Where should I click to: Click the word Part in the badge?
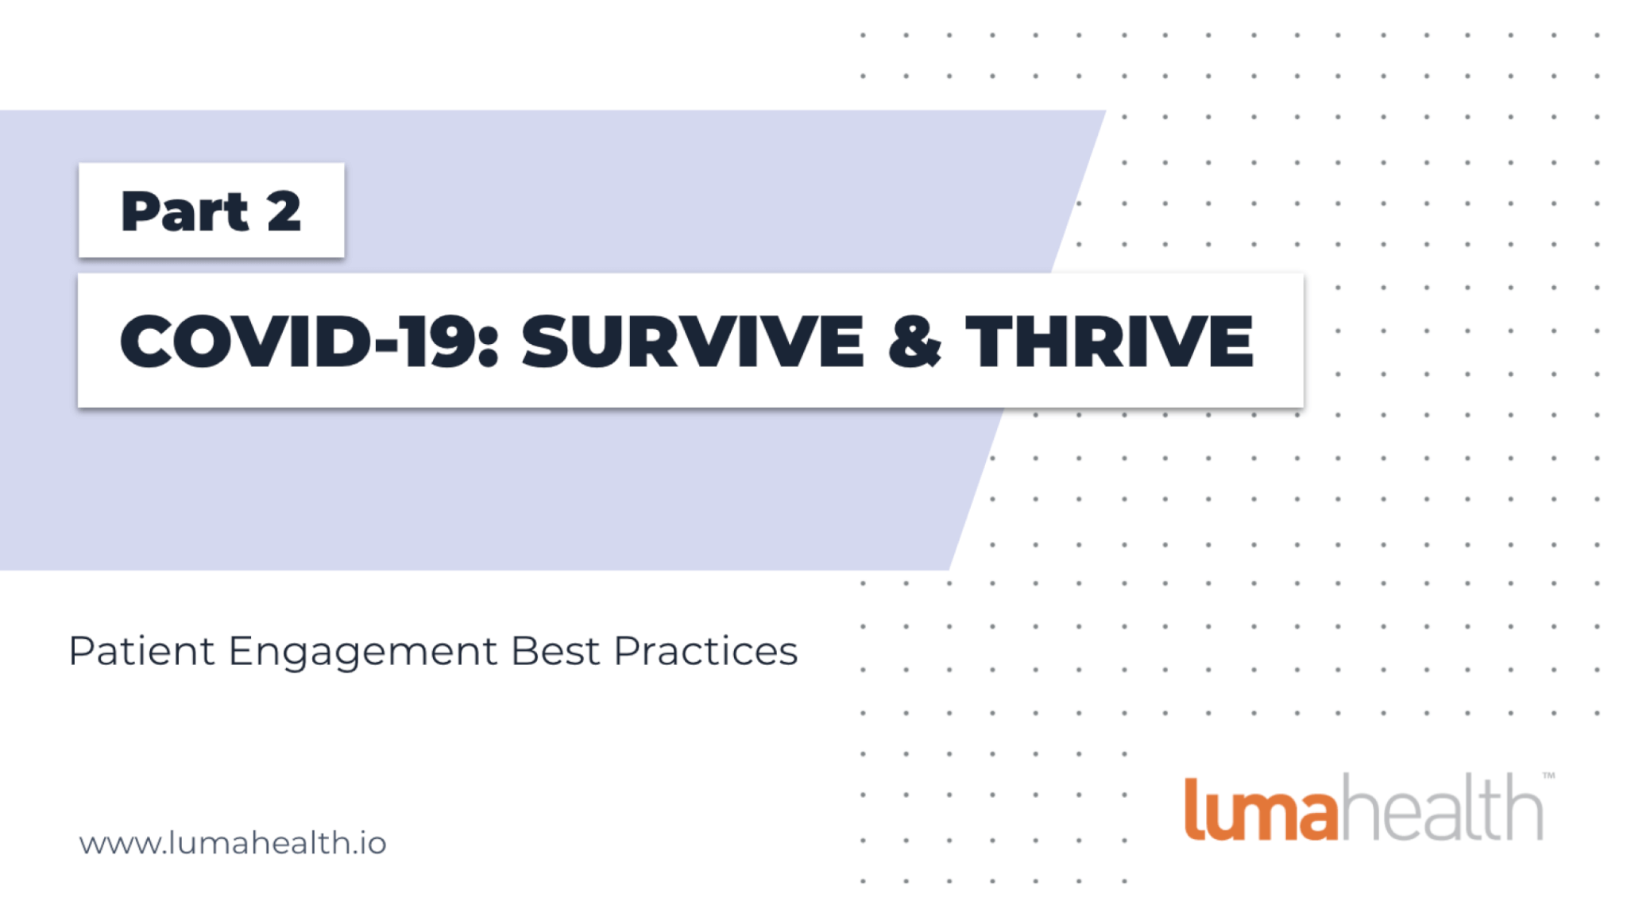point(184,212)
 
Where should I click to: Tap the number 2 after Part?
point(284,212)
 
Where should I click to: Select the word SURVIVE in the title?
point(692,341)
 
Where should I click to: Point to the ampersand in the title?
point(914,341)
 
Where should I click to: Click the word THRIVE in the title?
point(1109,341)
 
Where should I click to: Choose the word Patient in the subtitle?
point(141,652)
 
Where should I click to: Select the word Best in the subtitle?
point(555,652)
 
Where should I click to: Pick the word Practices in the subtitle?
point(705,652)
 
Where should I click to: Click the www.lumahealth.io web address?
point(232,843)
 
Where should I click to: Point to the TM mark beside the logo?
point(1548,776)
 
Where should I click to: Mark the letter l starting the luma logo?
point(1192,809)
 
